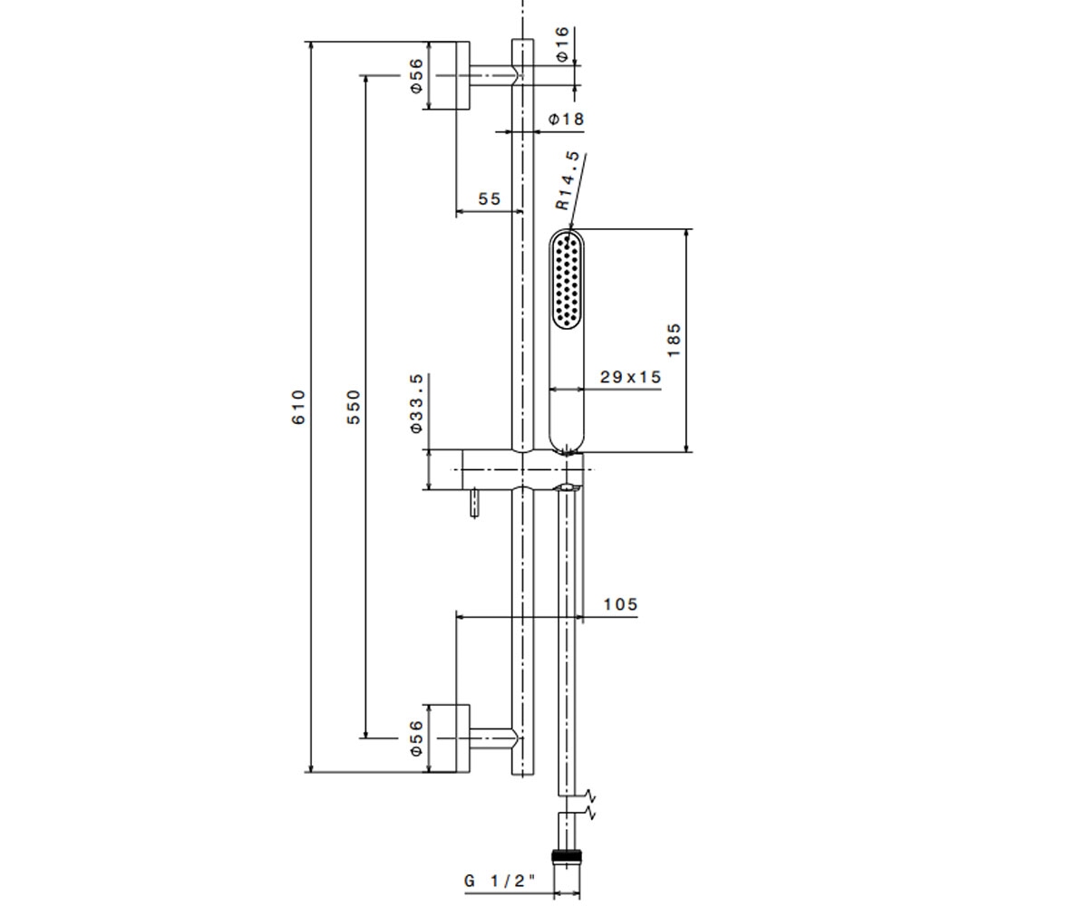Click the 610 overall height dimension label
tap(298, 407)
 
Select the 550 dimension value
tap(354, 407)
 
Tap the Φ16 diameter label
tap(562, 44)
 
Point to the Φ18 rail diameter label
tap(567, 120)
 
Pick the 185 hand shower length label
tap(674, 340)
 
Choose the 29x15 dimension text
tap(630, 377)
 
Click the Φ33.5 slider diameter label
tap(416, 402)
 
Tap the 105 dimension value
tap(620, 604)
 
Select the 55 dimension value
tap(490, 198)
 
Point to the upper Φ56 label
tap(416, 76)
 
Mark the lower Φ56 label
tap(416, 738)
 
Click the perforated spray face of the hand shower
tap(567, 281)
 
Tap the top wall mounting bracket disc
tap(462, 75)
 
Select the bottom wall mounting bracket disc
tap(462, 738)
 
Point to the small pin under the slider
tap(474, 503)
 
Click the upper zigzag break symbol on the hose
tap(590, 795)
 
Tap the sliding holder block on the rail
tap(522, 469)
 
